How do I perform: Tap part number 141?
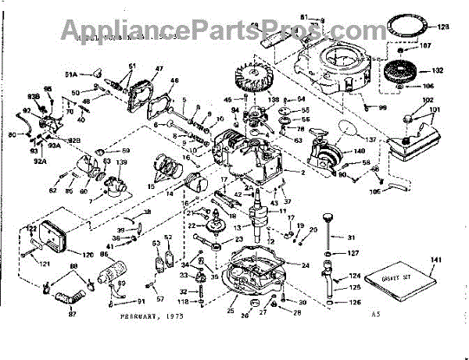[436, 258]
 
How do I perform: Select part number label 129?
[443, 27]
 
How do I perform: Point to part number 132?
[438, 71]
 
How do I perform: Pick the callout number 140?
[360, 151]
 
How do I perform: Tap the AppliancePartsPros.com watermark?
[234, 29]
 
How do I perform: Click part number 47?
[159, 70]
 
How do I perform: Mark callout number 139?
[122, 162]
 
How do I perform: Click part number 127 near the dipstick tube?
[353, 253]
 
